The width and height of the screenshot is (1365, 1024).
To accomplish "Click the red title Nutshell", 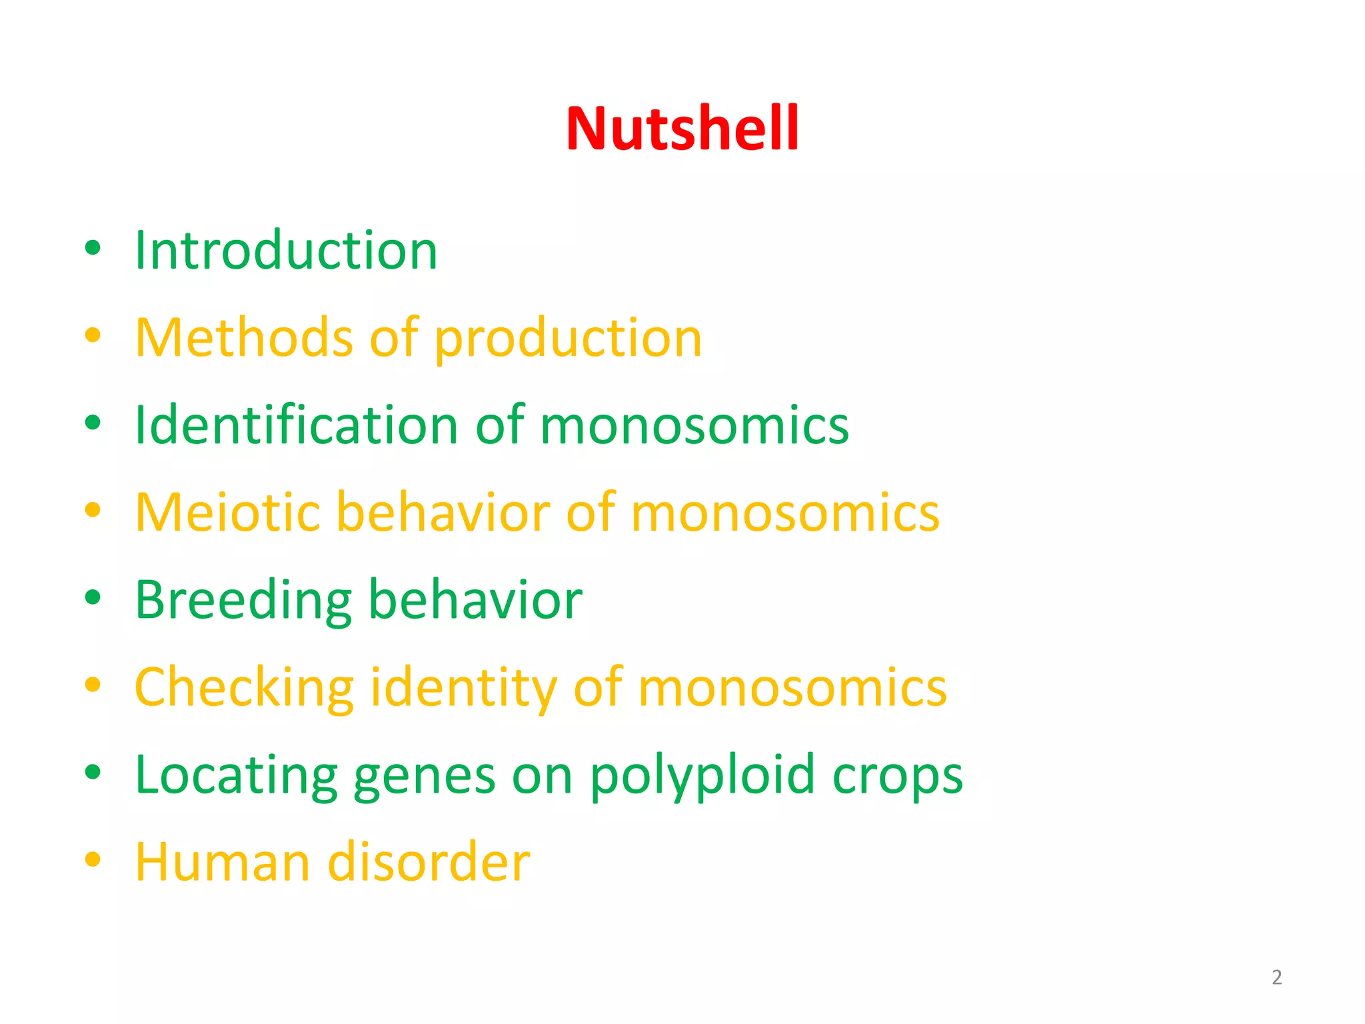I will (682, 128).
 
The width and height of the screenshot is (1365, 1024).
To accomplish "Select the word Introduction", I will (286, 250).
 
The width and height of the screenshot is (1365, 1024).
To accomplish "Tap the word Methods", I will (243, 337).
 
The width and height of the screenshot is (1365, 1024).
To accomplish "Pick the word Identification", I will (296, 425).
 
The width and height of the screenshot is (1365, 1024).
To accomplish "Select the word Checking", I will (244, 688).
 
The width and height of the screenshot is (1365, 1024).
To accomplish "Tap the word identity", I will (463, 688).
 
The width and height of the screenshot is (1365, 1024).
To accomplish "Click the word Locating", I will (236, 776).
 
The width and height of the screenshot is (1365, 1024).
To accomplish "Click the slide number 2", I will (1276, 977).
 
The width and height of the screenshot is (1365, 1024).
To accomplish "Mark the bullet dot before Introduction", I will (93, 248).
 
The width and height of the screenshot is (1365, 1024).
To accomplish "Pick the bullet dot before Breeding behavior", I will (93, 597).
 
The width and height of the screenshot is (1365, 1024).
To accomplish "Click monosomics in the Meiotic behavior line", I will (785, 512).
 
